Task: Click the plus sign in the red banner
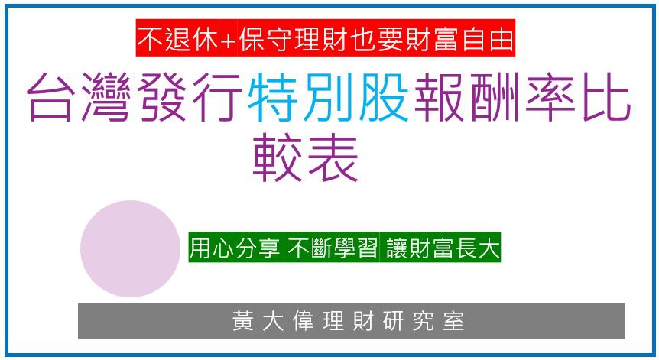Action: pos(228,37)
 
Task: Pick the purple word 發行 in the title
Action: pos(194,99)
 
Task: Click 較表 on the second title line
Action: pos(306,159)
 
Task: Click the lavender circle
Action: pos(130,248)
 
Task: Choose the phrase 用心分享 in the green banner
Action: pos(235,250)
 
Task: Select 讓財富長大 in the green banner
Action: pos(440,250)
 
